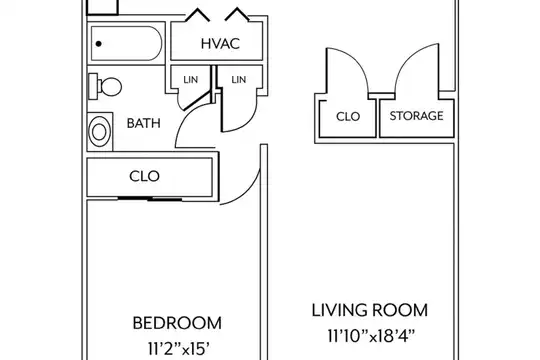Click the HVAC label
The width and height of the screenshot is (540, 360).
(220, 44)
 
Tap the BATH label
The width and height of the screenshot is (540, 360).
(144, 123)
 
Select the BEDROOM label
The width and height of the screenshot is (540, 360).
(177, 323)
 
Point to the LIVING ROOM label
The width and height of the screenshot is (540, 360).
(370, 310)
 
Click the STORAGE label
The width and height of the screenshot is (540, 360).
(416, 116)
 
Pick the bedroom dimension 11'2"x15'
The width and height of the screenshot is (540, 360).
(179, 349)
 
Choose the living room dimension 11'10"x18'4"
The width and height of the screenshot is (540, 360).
(371, 336)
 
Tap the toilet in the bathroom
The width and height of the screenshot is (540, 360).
(105, 86)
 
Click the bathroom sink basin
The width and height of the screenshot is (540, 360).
(99, 132)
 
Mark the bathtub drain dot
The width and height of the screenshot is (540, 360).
(99, 44)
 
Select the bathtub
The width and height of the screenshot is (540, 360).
(126, 43)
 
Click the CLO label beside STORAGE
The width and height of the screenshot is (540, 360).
(348, 116)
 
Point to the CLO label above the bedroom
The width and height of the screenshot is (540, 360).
(144, 176)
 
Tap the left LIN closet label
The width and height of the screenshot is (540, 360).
(190, 80)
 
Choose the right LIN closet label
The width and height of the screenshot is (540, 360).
(239, 80)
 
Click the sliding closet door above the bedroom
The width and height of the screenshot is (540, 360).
(150, 199)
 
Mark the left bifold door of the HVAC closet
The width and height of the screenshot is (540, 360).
(197, 14)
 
